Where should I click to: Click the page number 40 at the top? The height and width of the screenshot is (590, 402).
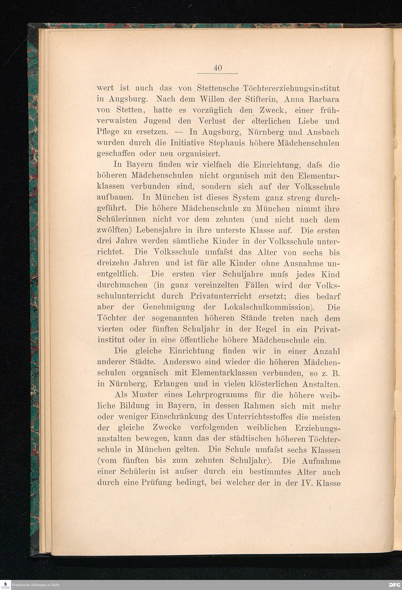tap(218, 68)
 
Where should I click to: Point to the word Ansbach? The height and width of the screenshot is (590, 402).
tap(323, 132)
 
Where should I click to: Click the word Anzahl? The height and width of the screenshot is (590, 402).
tap(327, 351)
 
